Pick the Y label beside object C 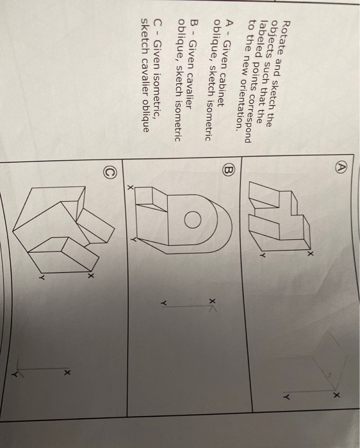40,277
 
